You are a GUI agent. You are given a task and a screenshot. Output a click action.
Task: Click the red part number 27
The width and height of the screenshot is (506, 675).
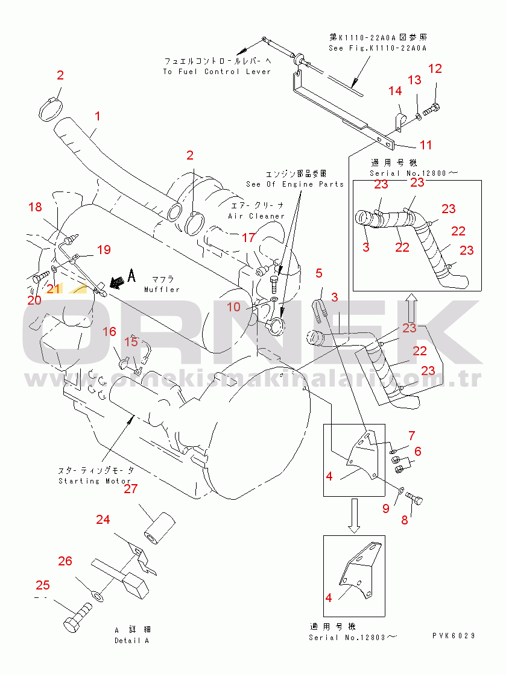[x=131, y=489]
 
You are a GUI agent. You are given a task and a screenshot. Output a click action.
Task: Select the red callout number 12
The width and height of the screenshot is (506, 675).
[x=435, y=69]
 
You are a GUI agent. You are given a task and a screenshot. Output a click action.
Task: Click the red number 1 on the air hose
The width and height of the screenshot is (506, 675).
[x=98, y=116]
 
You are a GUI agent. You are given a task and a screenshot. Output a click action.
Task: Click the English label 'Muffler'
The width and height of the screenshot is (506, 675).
[x=162, y=289]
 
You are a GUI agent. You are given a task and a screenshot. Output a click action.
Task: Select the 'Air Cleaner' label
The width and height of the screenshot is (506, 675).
[x=256, y=216]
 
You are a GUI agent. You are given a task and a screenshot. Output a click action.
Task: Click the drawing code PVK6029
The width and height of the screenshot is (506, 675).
[x=454, y=636]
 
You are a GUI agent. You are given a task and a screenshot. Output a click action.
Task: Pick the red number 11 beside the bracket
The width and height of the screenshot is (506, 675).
[x=426, y=145]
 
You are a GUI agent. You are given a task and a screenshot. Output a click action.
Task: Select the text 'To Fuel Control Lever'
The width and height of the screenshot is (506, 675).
[x=217, y=72]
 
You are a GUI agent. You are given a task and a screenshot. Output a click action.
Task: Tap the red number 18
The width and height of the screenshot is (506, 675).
[x=35, y=207]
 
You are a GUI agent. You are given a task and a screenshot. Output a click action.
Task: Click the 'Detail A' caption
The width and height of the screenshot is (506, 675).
[x=131, y=640]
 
